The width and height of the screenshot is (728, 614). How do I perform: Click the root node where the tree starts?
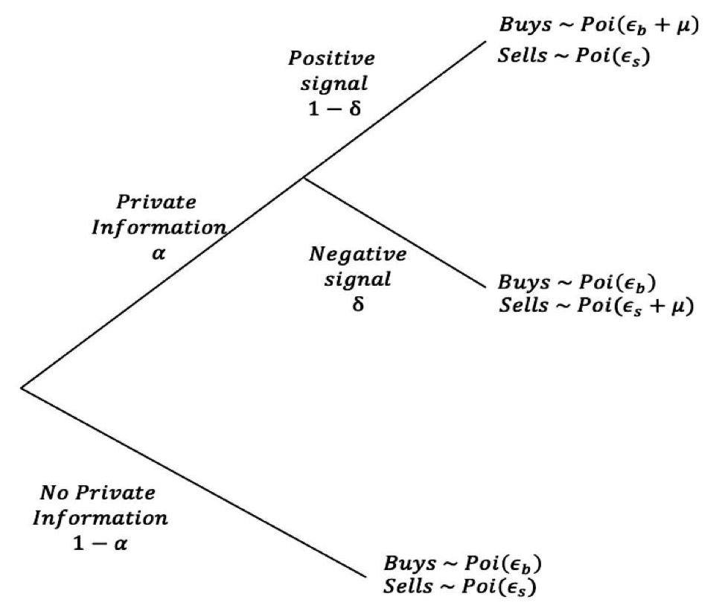point(22,387)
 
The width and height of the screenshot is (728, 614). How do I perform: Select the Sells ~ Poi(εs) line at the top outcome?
point(574,57)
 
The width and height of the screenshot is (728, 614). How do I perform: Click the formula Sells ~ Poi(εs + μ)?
point(596,307)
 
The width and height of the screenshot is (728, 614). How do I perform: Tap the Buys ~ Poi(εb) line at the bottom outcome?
point(459,563)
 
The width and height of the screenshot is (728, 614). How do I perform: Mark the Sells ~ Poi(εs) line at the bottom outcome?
point(459,586)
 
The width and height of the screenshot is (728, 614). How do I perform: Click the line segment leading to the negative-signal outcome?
point(395,234)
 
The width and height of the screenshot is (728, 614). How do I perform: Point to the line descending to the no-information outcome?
point(194,482)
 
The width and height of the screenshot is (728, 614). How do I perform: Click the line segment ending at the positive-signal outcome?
point(395,108)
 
